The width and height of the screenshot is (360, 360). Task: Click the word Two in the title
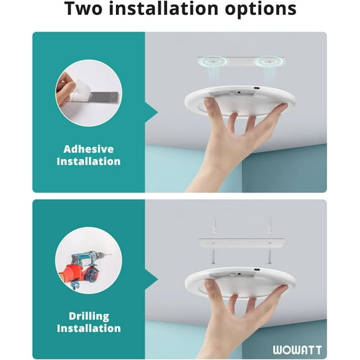[83, 9]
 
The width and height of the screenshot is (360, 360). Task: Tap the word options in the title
[261, 10]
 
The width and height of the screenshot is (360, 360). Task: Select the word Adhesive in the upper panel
[89, 149]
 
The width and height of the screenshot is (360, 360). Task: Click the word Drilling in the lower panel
[89, 317]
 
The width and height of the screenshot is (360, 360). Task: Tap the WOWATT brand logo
[297, 350]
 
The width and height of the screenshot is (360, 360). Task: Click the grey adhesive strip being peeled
[104, 97]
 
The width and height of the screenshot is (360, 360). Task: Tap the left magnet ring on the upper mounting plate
[213, 61]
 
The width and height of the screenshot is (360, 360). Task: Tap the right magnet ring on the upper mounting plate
[269, 61]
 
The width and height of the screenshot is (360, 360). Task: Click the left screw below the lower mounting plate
[214, 256]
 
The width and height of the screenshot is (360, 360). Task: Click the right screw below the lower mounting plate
[270, 256]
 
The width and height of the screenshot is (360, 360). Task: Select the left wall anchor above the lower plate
[214, 225]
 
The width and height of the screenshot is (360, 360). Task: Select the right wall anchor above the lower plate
[270, 225]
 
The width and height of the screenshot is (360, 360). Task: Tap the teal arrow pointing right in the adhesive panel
[151, 112]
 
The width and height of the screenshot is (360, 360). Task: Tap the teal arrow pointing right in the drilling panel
[151, 279]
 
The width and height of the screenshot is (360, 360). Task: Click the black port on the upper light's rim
[256, 88]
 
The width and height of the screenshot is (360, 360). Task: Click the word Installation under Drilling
[89, 328]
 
